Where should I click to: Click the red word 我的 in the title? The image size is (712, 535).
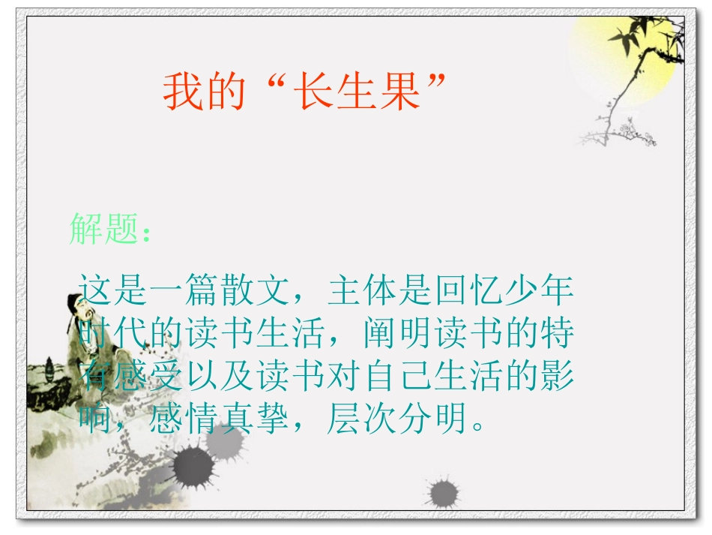205,92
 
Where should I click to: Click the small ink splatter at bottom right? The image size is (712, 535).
443,493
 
